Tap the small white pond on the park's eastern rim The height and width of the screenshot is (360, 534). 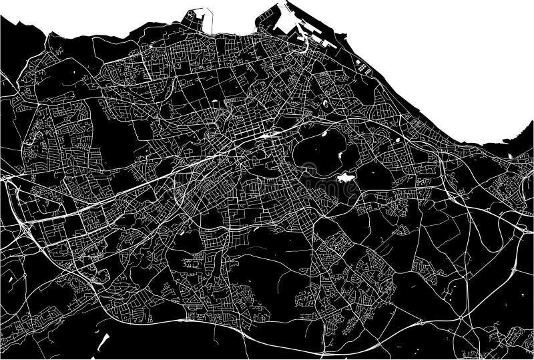[342, 154]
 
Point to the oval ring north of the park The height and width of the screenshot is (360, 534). [325, 104]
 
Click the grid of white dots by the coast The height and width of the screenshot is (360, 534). [364, 67]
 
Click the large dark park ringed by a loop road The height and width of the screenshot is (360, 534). [320, 150]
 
